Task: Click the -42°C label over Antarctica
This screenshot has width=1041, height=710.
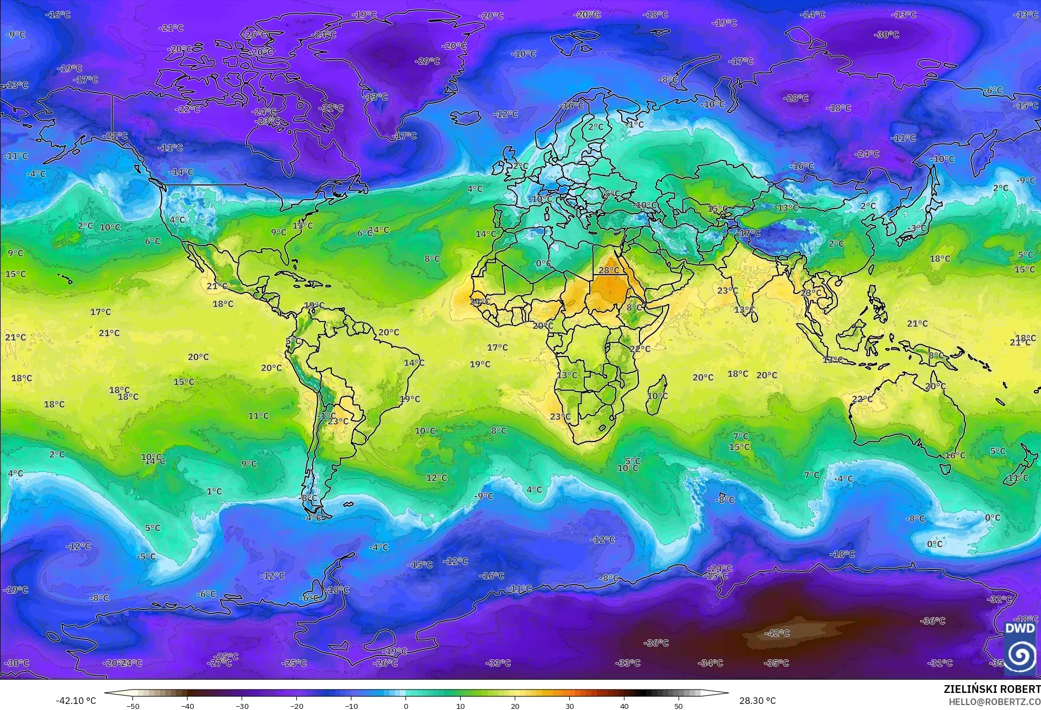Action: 777,633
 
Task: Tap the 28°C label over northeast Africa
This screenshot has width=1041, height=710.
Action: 609,270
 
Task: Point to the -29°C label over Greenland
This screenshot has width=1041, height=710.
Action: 428,61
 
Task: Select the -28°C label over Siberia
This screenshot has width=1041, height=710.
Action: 796,98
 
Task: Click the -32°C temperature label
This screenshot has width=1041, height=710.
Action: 1000,599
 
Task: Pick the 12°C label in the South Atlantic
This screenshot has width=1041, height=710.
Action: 436,478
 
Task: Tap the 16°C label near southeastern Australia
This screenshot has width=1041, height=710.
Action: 955,456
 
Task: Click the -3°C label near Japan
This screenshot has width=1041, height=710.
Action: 917,228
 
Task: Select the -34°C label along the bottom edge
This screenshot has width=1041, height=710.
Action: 710,663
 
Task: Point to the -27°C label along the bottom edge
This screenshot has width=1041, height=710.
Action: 220,663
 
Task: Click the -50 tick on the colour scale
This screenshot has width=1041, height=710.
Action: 133,706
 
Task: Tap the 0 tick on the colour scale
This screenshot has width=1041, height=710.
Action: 406,706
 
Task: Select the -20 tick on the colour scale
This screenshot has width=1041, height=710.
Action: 297,706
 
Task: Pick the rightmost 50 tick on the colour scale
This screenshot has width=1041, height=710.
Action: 679,706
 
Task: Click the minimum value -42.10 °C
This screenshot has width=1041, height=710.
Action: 76,701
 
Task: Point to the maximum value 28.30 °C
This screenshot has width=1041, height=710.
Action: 757,701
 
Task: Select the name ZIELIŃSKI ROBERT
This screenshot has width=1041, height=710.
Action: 992,689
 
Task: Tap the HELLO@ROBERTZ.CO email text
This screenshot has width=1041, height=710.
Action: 994,701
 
